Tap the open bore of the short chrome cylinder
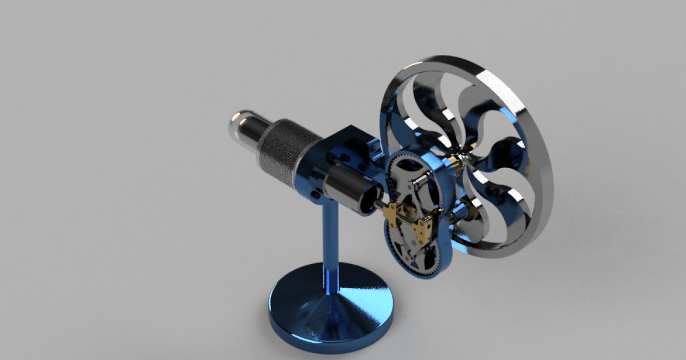[369, 198]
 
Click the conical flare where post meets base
[329, 303]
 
